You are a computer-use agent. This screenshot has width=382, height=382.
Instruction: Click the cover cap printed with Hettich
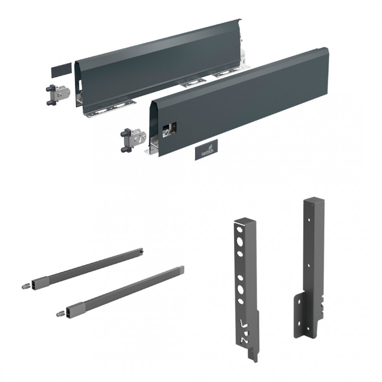coord(206,150)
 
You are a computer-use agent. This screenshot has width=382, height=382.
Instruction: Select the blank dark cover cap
coord(62,70)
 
